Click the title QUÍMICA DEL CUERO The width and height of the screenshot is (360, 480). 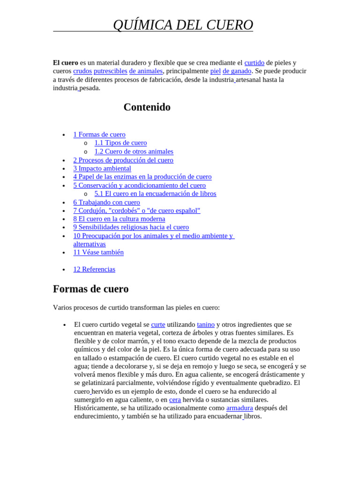click(183, 25)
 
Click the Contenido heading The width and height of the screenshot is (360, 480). click(147, 107)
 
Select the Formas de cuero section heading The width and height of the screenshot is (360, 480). click(90, 289)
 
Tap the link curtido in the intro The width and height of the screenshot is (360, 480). click(254, 63)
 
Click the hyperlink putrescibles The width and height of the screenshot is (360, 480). click(110, 71)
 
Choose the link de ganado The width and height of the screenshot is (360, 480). click(237, 71)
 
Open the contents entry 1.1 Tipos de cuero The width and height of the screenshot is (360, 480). click(120, 143)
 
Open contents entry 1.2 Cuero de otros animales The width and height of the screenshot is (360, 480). click(134, 151)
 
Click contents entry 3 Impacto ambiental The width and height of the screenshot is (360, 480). click(102, 168)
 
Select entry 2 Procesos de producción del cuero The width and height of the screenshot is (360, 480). click(123, 160)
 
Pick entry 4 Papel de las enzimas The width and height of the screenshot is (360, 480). click(142, 177)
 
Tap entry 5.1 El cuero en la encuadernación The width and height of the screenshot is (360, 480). click(155, 194)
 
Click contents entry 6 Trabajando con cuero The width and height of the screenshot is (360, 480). click(106, 202)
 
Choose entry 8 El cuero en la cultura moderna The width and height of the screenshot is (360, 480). click(119, 219)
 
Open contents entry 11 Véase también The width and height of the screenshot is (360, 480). click(98, 252)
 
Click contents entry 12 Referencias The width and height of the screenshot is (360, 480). click(94, 269)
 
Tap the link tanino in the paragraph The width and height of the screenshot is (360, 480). click(206, 324)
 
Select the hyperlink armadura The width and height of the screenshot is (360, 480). click(239, 408)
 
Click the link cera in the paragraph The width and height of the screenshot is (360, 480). click(175, 399)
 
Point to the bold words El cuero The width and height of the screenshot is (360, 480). click(66, 63)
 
